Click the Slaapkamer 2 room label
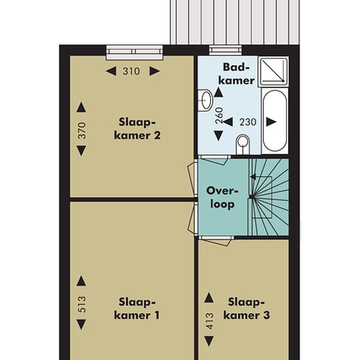(137, 128)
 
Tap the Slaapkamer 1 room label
(137, 308)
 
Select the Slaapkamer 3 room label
(247, 308)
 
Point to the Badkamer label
(236, 74)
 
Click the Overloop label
(223, 197)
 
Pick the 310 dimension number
(131, 71)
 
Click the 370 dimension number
(82, 130)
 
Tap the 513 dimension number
(82, 304)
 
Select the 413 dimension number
(210, 321)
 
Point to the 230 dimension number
(247, 122)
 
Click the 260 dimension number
(219, 115)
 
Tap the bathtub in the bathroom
(275, 121)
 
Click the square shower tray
(274, 71)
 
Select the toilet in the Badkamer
(243, 145)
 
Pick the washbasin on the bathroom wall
(205, 100)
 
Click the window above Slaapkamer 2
(134, 53)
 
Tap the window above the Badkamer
(225, 50)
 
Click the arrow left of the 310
(111, 71)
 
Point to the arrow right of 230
(271, 122)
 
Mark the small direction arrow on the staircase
(253, 177)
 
